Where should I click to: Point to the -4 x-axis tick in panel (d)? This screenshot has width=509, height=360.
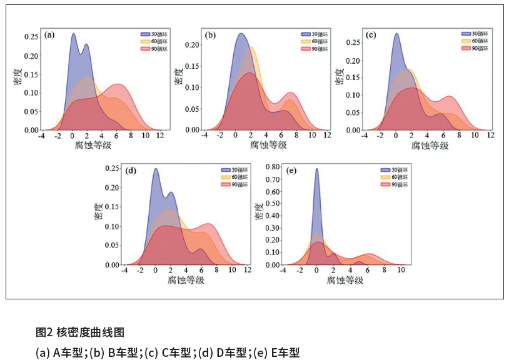125,270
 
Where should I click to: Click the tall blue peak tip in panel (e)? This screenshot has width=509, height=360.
317,169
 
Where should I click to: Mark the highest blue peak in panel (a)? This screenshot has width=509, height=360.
74,34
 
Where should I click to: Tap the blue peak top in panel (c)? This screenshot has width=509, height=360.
396,34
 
